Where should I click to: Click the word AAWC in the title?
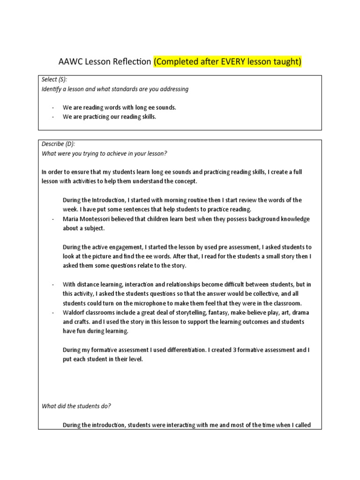click(x=69, y=62)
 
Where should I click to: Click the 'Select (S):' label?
click(x=54, y=80)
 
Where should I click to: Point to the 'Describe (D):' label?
click(x=58, y=144)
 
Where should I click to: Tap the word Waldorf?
click(x=74, y=312)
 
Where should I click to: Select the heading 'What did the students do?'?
click(x=76, y=406)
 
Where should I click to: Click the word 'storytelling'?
click(x=197, y=312)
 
